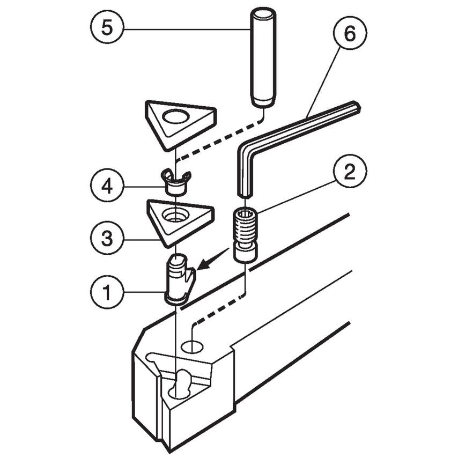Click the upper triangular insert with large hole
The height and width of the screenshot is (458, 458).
[180, 121]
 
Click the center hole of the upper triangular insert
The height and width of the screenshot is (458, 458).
[177, 115]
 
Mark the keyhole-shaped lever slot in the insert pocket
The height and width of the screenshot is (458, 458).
[180, 384]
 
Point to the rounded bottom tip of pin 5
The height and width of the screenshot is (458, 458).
[263, 102]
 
